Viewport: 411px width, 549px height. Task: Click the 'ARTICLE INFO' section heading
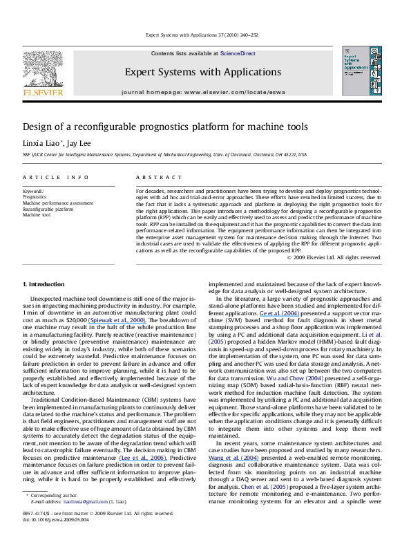(x=55, y=177)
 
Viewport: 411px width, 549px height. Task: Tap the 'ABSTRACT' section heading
(x=153, y=177)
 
